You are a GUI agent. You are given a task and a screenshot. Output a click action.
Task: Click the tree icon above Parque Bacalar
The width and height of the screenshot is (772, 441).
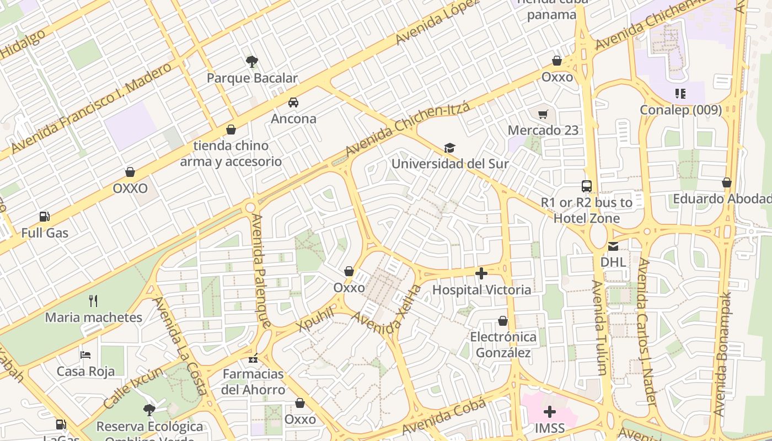point(252,61)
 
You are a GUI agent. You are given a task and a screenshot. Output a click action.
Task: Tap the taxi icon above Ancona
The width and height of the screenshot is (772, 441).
point(293,102)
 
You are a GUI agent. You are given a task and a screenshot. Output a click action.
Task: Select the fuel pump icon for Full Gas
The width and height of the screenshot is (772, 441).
point(45,217)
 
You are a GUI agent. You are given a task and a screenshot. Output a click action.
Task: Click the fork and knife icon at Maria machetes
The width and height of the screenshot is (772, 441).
point(93,301)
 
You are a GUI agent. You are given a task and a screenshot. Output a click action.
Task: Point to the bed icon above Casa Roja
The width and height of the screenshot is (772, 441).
point(85,354)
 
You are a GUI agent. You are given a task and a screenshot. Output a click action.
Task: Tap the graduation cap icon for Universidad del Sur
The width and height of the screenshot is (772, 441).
point(450,148)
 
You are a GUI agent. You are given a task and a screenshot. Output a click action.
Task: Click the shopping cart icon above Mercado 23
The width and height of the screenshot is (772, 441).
point(543,114)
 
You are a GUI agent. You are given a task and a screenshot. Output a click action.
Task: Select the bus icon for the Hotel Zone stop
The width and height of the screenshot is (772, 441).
point(587,186)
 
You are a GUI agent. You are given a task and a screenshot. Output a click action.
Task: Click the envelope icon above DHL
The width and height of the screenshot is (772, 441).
point(613,246)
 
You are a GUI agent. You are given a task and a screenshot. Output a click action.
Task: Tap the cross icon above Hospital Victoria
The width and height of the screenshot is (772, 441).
point(481,273)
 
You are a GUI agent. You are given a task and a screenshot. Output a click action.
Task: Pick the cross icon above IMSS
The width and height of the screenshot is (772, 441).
point(550,412)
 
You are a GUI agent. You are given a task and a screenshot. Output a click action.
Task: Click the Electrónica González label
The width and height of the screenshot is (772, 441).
point(503,345)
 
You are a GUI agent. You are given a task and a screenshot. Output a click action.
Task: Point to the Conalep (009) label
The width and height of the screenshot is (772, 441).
point(680,110)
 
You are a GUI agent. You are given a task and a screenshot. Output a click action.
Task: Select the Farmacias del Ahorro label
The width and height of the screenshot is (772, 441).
point(253,381)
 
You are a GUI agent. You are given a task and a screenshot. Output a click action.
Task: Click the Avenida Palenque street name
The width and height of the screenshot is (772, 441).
point(260,270)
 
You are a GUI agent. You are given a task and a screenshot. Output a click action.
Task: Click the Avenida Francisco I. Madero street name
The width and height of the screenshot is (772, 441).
point(91,109)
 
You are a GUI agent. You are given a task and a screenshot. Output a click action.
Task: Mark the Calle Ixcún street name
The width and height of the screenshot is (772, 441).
point(133,388)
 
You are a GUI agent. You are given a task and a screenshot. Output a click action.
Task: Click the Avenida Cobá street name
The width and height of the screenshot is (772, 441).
point(444,417)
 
